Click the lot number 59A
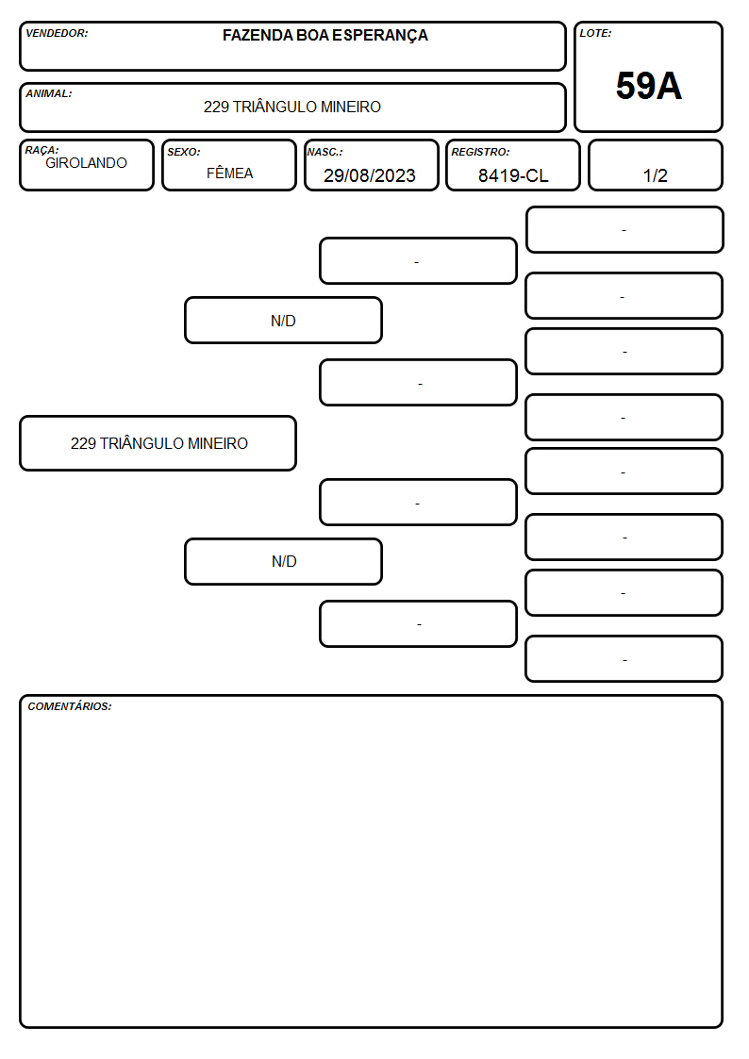tap(648, 86)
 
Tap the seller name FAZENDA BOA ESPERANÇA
tap(325, 36)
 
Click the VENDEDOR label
tap(57, 33)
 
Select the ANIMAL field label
tap(49, 93)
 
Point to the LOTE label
tap(595, 33)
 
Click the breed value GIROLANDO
tap(86, 163)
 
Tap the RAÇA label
tap(42, 150)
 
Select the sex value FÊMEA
tap(229, 173)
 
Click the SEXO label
tap(184, 152)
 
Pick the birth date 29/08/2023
tap(370, 175)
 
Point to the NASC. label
tap(325, 152)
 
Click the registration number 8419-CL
tap(513, 175)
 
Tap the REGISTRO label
tap(480, 152)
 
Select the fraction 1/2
tap(655, 175)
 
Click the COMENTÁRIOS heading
tap(70, 706)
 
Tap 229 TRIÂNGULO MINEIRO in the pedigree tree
tap(158, 443)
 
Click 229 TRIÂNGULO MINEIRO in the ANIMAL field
tap(291, 107)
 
